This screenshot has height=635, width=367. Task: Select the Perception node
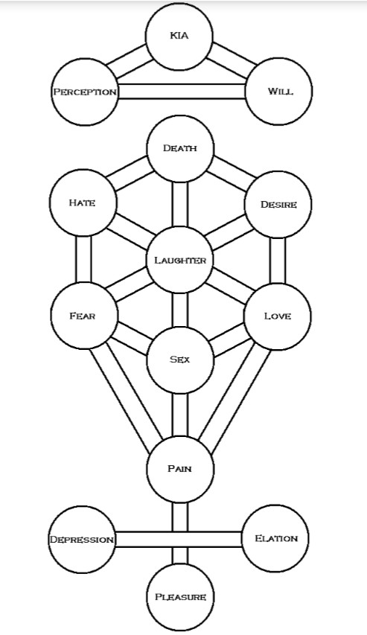pyautogui.click(x=85, y=92)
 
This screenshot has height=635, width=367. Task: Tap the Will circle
pyautogui.click(x=278, y=91)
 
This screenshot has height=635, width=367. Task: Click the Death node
pyautogui.click(x=180, y=149)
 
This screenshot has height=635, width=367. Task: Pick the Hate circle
pyautogui.click(x=83, y=202)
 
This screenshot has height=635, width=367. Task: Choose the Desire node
pyautogui.click(x=278, y=205)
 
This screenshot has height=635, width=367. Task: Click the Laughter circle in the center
pyautogui.click(x=179, y=260)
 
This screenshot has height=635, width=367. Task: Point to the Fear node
pyautogui.click(x=84, y=316)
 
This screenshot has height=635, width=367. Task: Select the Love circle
pyautogui.click(x=278, y=316)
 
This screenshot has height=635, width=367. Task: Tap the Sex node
pyautogui.click(x=180, y=360)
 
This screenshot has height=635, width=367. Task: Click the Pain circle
pyautogui.click(x=180, y=469)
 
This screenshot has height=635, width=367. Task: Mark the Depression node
pyautogui.click(x=82, y=540)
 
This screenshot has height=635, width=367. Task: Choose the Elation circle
pyautogui.click(x=276, y=538)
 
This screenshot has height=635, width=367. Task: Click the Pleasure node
pyautogui.click(x=180, y=597)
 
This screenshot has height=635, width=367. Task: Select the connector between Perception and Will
pyautogui.click(x=182, y=91)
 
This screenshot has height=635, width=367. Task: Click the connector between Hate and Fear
pyautogui.click(x=83, y=259)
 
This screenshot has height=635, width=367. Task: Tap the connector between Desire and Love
pyautogui.click(x=278, y=261)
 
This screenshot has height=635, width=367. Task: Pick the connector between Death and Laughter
pyautogui.click(x=180, y=204)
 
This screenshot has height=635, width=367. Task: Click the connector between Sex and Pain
pyautogui.click(x=180, y=415)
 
